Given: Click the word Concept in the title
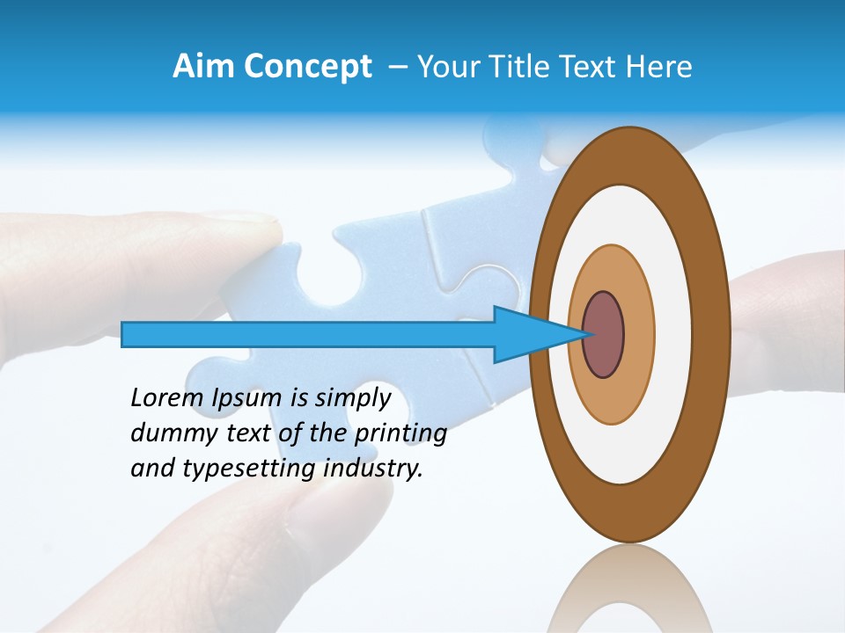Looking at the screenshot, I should coord(308,67).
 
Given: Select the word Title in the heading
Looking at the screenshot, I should coord(513,67).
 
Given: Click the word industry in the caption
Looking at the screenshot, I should coord(373,469).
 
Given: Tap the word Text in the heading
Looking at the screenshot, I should coord(587,67).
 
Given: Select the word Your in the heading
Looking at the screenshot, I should coord(446,67).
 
